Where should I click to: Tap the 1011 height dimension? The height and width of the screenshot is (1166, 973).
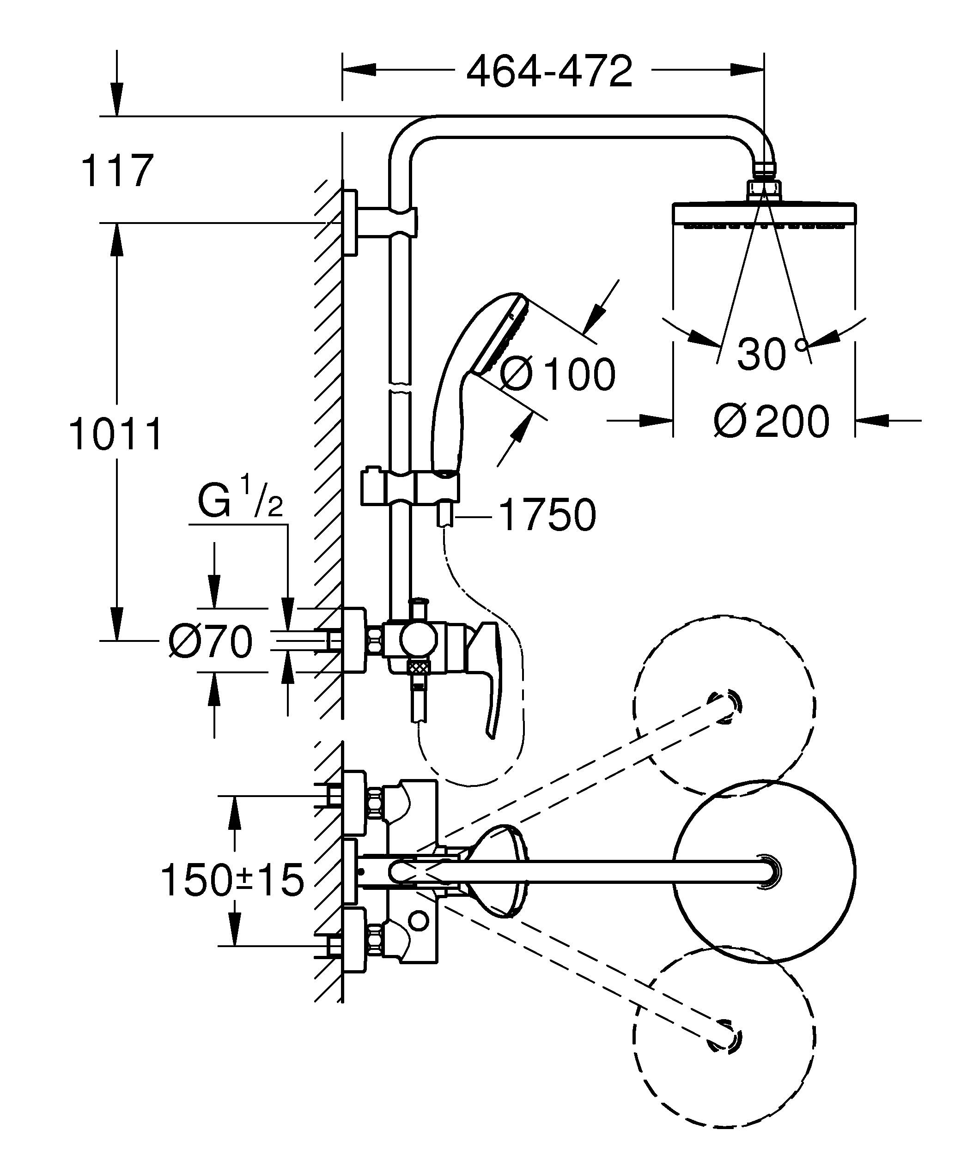116,435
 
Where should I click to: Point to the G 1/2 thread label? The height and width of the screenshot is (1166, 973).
240,502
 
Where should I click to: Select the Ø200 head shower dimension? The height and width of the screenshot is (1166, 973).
772,422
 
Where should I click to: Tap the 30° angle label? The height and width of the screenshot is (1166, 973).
772,354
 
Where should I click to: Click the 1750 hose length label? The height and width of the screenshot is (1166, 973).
547,515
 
